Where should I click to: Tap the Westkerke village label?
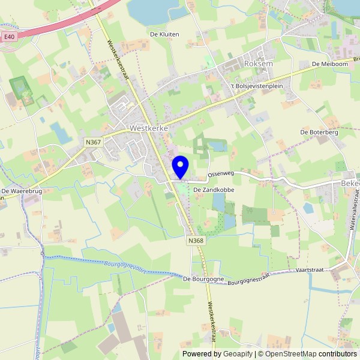coord(148,128)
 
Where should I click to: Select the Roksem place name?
coord(259,62)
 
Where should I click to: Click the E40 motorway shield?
coord(8,37)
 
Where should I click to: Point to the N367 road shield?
coord(93,142)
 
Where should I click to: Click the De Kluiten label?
coord(164,35)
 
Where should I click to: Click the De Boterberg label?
coord(319,132)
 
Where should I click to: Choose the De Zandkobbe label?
coord(213,190)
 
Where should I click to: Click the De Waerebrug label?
coord(20,191)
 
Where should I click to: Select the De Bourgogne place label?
coord(203,279)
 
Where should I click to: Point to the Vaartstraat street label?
coord(310,270)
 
